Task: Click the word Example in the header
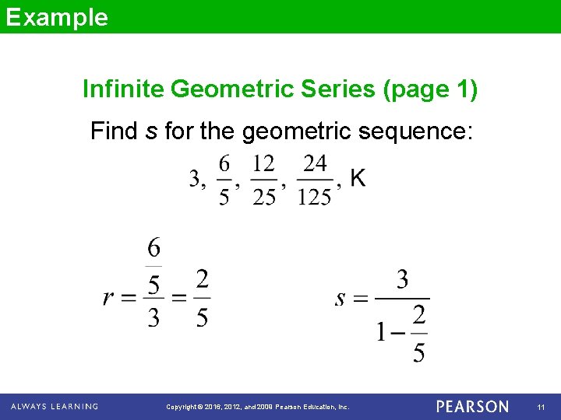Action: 56,17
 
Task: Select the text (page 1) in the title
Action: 429,90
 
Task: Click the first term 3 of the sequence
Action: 196,180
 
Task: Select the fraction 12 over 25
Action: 264,180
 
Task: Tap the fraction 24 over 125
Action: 314,180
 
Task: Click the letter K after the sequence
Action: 358,179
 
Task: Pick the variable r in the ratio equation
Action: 110,298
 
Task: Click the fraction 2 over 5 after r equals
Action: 202,298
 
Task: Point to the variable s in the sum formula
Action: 340,299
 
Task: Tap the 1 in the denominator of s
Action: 381,333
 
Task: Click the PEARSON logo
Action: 472,407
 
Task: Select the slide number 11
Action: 541,407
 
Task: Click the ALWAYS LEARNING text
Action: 54,406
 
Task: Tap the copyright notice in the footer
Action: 258,407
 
